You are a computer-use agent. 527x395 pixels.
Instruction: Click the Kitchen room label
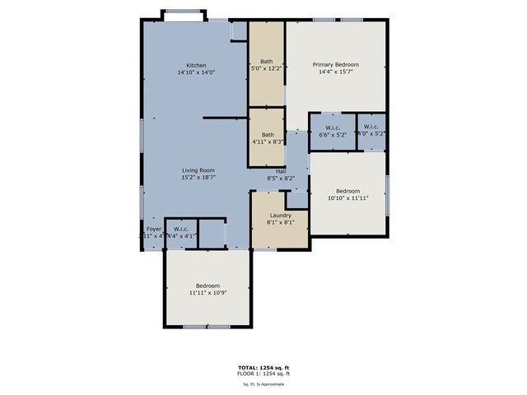coord(196,65)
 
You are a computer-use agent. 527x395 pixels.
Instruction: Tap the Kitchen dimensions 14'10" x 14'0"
coord(196,72)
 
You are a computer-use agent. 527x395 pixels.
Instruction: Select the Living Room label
coord(198,170)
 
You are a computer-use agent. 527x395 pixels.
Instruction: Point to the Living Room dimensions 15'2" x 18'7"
coord(198,178)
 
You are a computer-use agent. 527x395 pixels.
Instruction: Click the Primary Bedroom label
coord(336,63)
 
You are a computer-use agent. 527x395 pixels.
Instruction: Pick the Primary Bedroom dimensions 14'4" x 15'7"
coord(336,71)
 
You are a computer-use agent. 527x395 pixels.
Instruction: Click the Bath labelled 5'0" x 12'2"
coord(267,61)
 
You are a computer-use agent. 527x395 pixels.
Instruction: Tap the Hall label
coord(281,170)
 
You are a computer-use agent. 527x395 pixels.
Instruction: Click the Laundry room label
coord(281,216)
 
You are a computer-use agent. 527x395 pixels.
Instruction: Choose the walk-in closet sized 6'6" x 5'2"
coord(333,128)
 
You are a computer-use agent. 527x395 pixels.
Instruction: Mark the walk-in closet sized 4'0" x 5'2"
coord(371,128)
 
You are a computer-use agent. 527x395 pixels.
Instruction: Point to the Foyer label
coord(154,229)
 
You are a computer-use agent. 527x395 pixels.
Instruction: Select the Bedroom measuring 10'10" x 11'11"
coord(347,191)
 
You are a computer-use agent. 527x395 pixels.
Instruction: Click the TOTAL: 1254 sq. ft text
coord(263,368)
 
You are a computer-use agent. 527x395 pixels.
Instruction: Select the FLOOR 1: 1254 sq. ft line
coord(263,374)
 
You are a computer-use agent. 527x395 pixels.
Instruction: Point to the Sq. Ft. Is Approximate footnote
coord(263,383)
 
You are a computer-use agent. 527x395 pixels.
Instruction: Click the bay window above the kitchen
coord(184,14)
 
